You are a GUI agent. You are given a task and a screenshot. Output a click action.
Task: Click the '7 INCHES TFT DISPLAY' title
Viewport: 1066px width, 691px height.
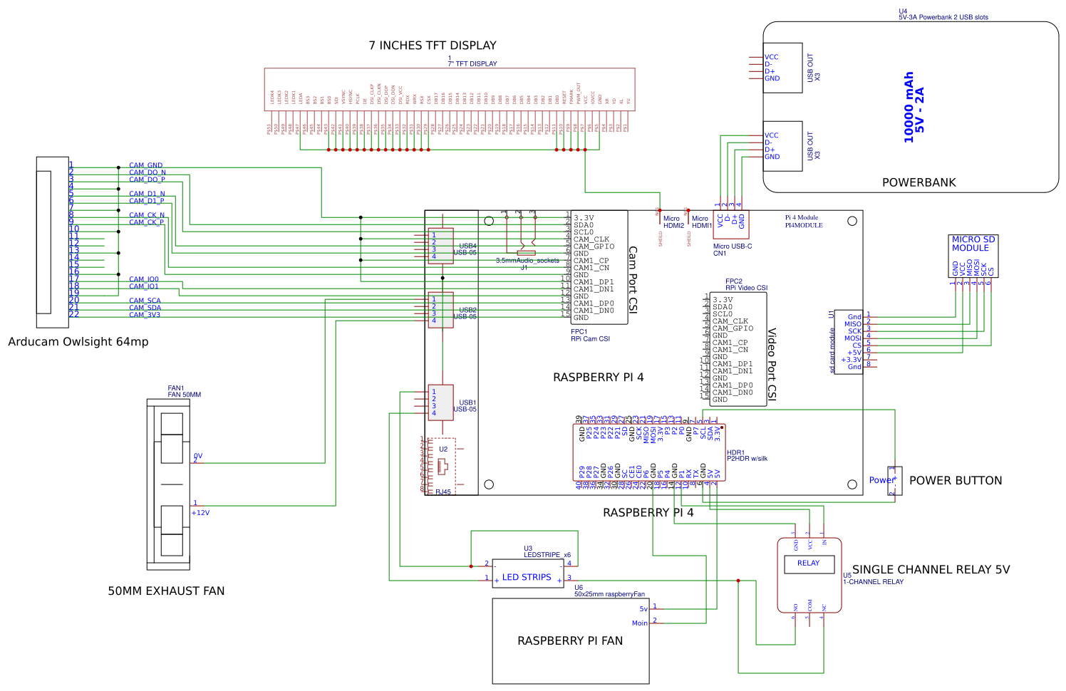pyautogui.click(x=433, y=46)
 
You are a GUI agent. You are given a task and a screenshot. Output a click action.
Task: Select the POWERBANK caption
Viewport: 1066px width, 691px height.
pyautogui.click(x=918, y=182)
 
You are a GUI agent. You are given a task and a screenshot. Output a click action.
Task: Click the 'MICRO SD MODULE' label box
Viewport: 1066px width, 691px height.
pyautogui.click(x=973, y=244)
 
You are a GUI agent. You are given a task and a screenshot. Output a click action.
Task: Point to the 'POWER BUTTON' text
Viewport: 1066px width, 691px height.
pyautogui.click(x=955, y=481)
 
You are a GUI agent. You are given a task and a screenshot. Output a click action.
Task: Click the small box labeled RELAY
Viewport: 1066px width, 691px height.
pyautogui.click(x=808, y=563)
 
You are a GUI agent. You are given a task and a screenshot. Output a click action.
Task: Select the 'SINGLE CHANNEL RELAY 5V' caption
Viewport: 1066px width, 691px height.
pyautogui.click(x=931, y=570)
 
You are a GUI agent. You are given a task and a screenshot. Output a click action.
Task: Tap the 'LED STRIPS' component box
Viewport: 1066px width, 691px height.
pyautogui.click(x=527, y=578)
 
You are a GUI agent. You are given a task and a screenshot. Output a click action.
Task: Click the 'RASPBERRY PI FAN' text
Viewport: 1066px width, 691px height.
pyautogui.click(x=570, y=641)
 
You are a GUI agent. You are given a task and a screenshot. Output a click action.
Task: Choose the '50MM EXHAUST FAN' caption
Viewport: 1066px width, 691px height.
pyautogui.click(x=166, y=591)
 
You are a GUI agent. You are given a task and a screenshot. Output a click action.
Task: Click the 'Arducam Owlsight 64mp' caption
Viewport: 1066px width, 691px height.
pyautogui.click(x=78, y=342)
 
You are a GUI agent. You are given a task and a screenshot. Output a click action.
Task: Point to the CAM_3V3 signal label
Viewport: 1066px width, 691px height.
pyautogui.click(x=145, y=315)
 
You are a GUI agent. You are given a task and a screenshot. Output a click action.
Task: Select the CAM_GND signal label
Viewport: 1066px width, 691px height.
pyautogui.click(x=145, y=165)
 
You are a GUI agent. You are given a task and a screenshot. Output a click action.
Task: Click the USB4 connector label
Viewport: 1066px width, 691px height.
pyautogui.click(x=467, y=246)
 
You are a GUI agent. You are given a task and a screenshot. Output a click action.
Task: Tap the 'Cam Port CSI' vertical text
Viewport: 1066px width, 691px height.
pyautogui.click(x=633, y=279)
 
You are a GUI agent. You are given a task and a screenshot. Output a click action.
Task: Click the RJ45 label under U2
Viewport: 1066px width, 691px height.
pyautogui.click(x=443, y=492)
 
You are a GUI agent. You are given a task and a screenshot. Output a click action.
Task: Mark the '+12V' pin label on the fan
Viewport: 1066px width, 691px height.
pyautogui.click(x=200, y=513)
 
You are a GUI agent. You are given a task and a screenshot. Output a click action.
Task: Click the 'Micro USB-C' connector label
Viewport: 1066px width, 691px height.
pyautogui.click(x=733, y=246)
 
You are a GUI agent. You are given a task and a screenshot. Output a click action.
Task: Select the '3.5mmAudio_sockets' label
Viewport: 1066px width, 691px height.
pyautogui.click(x=527, y=261)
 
